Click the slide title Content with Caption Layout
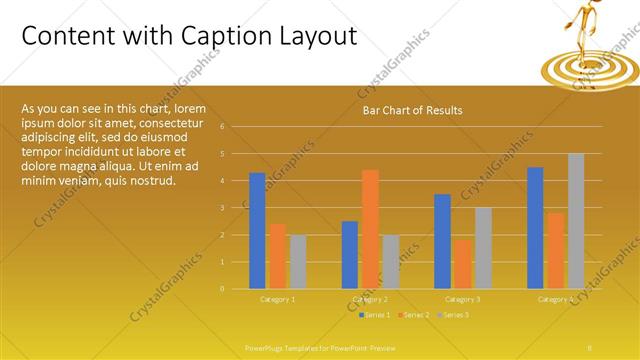coord(189,36)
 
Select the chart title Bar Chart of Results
coord(412,110)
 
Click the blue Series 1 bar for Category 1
coord(258,230)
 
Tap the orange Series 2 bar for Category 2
coord(370,229)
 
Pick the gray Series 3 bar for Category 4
coord(576,221)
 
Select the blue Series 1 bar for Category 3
coord(443,241)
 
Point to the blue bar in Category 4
coord(535,227)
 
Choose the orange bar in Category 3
coord(463,263)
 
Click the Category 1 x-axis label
coord(278,299)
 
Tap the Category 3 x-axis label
coord(463,299)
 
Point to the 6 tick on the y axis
coord(236,127)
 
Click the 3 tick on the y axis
coord(236,208)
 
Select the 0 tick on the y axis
coord(236,288)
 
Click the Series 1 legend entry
coord(376,315)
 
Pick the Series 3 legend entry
coord(454,315)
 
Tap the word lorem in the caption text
coord(190,108)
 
